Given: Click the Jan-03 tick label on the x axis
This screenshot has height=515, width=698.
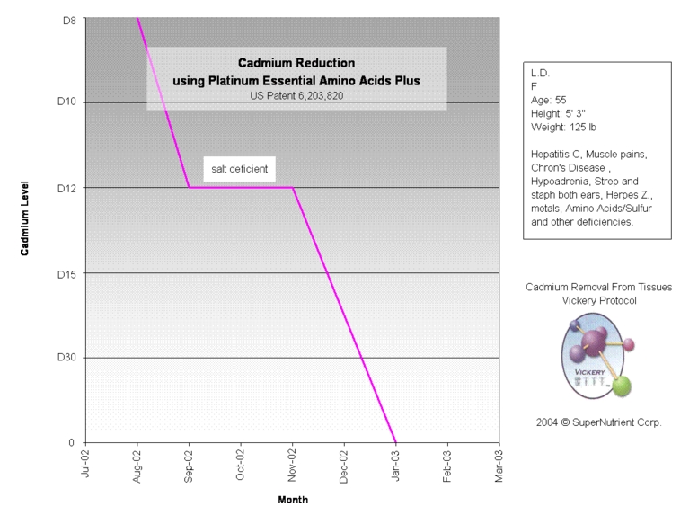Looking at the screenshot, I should point(395,466).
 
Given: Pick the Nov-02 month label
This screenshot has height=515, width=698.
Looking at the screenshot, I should point(292,466).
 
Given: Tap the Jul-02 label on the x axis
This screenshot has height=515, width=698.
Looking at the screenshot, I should point(85,466).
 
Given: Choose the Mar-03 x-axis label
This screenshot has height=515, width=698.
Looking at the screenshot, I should point(499,466).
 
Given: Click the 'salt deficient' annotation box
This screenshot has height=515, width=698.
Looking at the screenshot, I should point(239,168).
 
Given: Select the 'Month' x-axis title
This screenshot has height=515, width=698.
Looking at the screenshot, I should point(293,500).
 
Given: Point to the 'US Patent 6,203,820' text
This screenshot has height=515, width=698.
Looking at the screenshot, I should point(296,95).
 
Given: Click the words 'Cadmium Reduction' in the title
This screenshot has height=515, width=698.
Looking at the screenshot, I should point(296,63).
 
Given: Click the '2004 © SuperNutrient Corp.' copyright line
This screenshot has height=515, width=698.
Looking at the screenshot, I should point(598,422).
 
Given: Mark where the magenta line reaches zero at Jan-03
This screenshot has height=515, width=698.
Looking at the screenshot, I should point(395,442).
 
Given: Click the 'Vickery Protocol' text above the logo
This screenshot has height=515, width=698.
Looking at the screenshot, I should point(598,300).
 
